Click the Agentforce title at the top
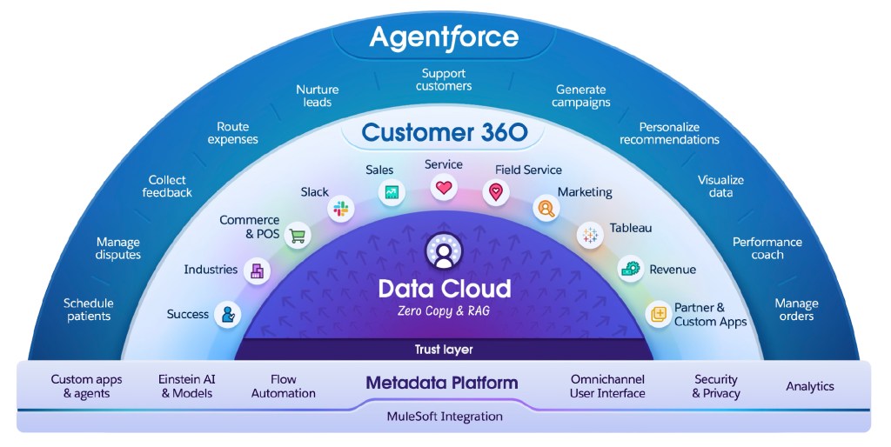pos(444,37)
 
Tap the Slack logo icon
pos(338,209)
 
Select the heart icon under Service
pos(444,187)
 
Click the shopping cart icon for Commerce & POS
pos(298,235)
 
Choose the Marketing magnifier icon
pos(546,209)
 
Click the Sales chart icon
pos(392,193)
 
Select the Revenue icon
pos(630,270)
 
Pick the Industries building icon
pos(257,271)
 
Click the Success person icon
pos(228,315)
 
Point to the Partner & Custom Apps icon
pos(659,314)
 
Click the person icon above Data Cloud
pos(444,252)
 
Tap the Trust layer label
pos(444,350)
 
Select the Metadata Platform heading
pos(442,383)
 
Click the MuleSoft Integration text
pos(445,417)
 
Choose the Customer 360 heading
pos(444,132)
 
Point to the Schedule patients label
pos(89,310)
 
